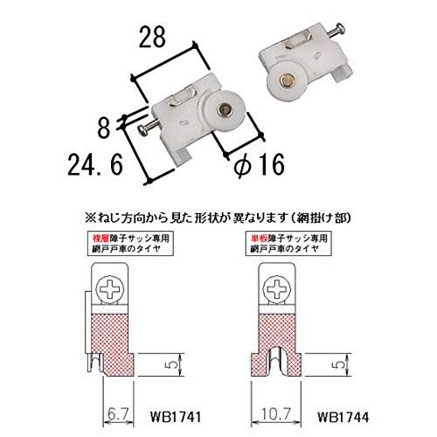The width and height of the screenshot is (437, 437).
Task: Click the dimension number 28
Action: (x=152, y=37)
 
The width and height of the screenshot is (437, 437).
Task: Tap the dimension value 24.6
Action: (x=95, y=164)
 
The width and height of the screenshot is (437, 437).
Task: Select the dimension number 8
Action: (x=104, y=128)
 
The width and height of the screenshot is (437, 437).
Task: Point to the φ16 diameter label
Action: (x=260, y=165)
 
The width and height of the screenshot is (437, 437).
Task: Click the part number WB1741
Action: (x=176, y=417)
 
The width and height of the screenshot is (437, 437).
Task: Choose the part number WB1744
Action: (x=343, y=417)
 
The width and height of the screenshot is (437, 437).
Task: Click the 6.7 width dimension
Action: (x=118, y=414)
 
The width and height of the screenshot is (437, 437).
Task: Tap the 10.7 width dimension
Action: (x=276, y=414)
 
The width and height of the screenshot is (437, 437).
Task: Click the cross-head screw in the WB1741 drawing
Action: (x=109, y=289)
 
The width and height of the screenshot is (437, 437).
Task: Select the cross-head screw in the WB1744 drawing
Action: (x=276, y=289)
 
